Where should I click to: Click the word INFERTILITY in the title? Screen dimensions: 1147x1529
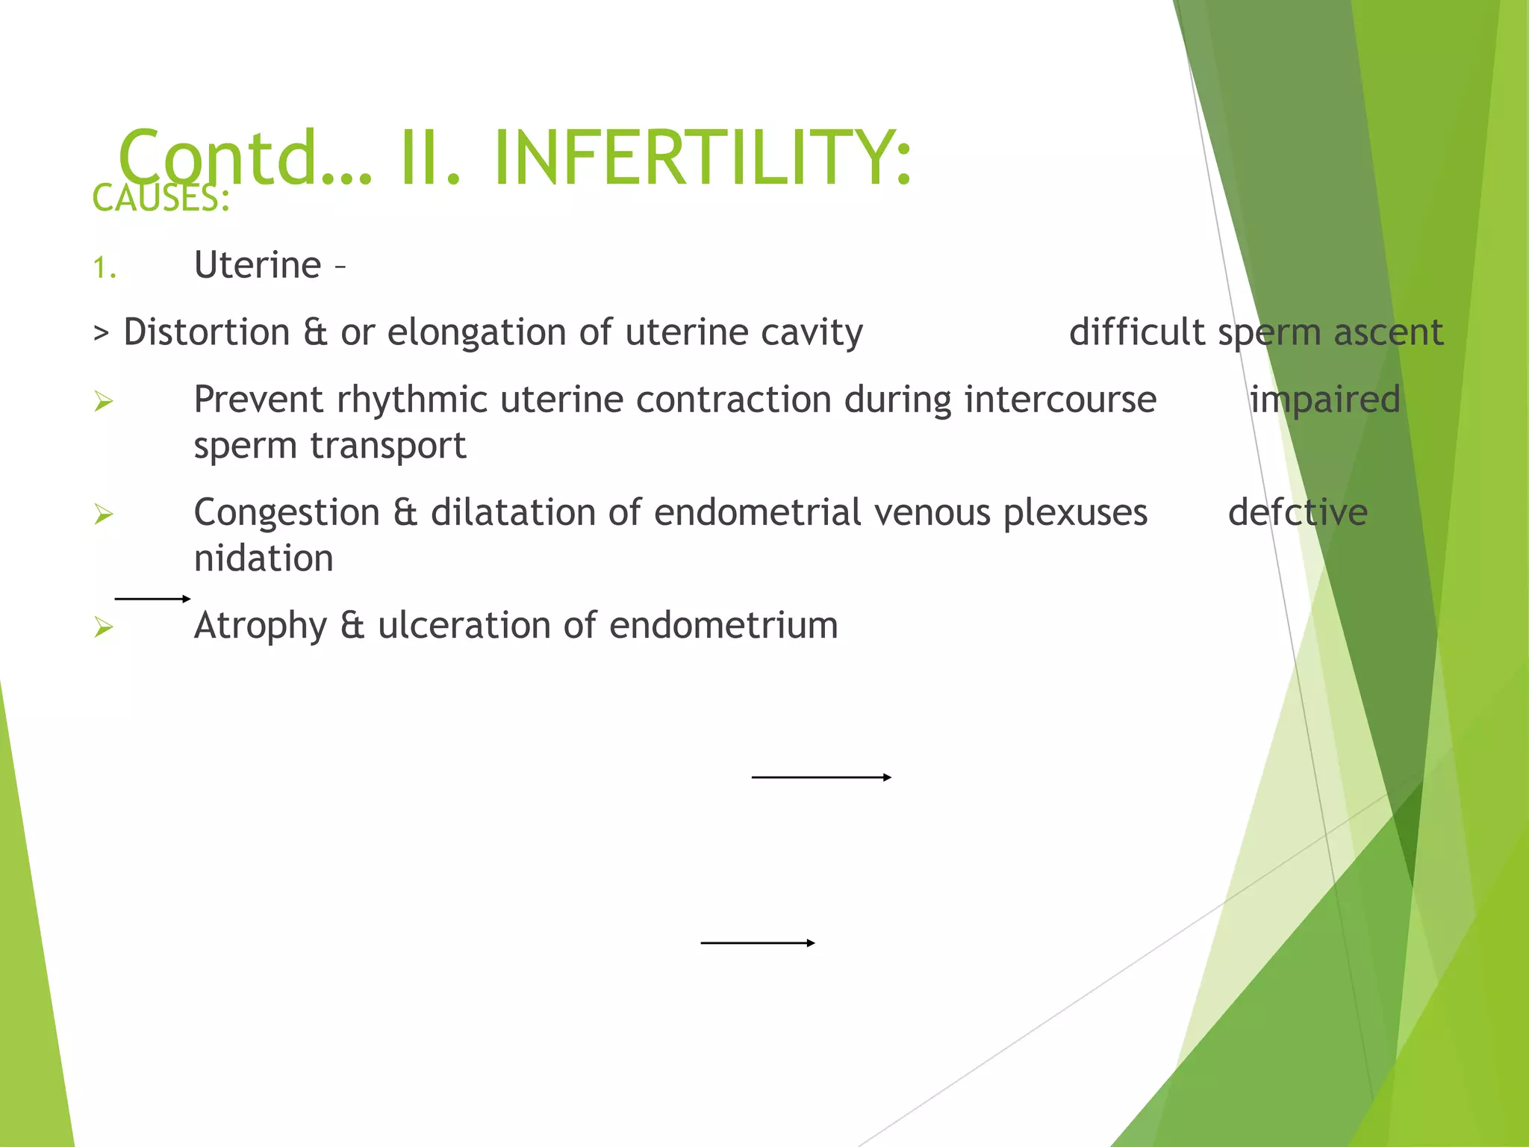click(702, 158)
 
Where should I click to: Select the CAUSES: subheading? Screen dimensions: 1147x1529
click(161, 199)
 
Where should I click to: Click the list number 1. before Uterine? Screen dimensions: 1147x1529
click(105, 268)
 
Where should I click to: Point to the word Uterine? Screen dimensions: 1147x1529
click(258, 265)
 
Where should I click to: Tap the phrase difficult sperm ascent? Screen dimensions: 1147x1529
click(1256, 332)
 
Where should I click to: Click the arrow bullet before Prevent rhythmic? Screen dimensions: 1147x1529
click(104, 402)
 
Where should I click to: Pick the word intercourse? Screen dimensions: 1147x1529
click(1060, 400)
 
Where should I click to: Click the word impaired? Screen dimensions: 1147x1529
click(1324, 400)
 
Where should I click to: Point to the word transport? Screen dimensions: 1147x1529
click(388, 447)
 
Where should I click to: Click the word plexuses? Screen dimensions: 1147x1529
click(1075, 513)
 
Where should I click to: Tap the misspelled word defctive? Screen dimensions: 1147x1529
click(1298, 512)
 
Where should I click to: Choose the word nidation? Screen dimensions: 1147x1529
click(264, 559)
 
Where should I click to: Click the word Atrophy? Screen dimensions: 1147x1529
click(261, 626)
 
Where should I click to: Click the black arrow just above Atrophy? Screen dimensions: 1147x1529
click(152, 598)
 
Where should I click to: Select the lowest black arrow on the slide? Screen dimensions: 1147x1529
click(757, 943)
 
